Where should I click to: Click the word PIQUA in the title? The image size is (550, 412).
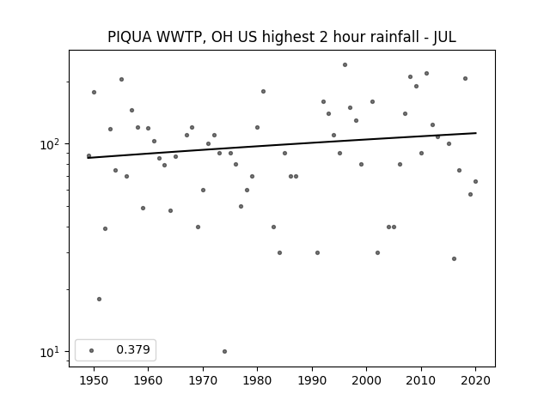pos(130,37)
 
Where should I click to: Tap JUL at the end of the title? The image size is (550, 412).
pos(444,37)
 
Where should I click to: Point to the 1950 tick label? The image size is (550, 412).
pos(94,380)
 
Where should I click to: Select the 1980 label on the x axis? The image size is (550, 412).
pos(257,380)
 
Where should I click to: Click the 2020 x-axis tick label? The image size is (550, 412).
pos(475,380)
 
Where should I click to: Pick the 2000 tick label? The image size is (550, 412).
pos(367,380)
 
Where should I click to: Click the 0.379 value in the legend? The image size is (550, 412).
pos(133,349)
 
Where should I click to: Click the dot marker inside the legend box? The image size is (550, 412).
pos(92,350)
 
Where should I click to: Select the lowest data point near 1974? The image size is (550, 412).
pos(224,351)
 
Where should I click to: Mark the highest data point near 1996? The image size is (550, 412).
pos(345,65)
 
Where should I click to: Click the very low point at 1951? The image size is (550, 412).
pos(100,300)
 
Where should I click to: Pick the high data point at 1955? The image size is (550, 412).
pos(121,80)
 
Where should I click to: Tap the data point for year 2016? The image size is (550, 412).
pos(454,259)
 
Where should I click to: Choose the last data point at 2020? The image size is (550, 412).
pos(475,181)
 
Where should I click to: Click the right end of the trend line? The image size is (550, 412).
pos(476,133)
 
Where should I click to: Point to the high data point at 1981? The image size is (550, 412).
pos(263,92)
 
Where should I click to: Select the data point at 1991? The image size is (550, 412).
pos(317,252)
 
